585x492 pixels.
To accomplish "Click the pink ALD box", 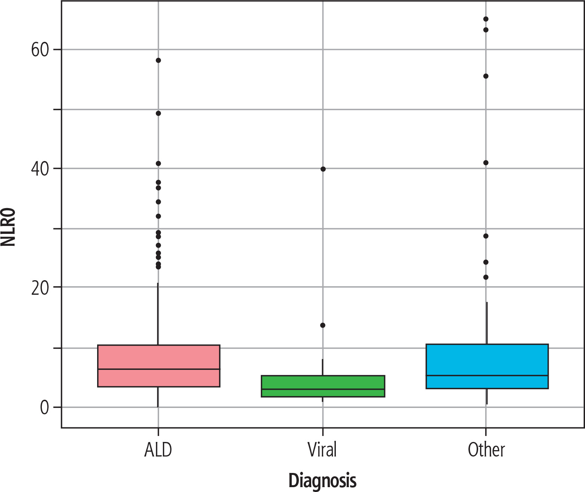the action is coord(158,366).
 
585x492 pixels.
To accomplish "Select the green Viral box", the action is coord(323,386).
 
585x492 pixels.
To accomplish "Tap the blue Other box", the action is coord(487,366).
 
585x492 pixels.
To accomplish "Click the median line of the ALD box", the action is coord(158,369).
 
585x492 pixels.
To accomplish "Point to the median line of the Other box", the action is coord(487,375).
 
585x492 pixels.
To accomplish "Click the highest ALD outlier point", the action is coord(158,60).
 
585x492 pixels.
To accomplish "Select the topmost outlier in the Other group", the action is coord(486,19).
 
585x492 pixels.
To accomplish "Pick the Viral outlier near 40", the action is coord(323,169).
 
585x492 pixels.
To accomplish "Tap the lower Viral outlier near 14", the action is coord(323,325).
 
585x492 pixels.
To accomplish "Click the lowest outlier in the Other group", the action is coord(486,277).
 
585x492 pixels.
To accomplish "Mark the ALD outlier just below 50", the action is coord(158,113).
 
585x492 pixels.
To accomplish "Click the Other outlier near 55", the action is coord(486,76).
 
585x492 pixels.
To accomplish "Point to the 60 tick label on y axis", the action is coord(40,50).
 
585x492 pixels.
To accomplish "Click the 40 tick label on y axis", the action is coord(40,169).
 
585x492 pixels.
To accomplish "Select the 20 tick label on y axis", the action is coord(40,288).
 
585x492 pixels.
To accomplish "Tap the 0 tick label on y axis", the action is coord(45,408).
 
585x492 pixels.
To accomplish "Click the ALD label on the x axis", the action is coord(158,450).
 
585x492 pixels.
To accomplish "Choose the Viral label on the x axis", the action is coord(322,450).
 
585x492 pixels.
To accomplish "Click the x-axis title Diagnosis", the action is coord(322,480).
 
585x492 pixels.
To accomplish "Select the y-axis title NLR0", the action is coord(7,227).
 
